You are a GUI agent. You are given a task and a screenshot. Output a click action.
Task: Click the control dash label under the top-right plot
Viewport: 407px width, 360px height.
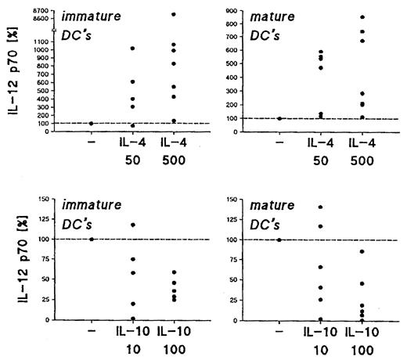[279, 144]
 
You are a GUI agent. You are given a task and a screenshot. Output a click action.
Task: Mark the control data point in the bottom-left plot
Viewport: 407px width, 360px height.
[92, 239]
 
